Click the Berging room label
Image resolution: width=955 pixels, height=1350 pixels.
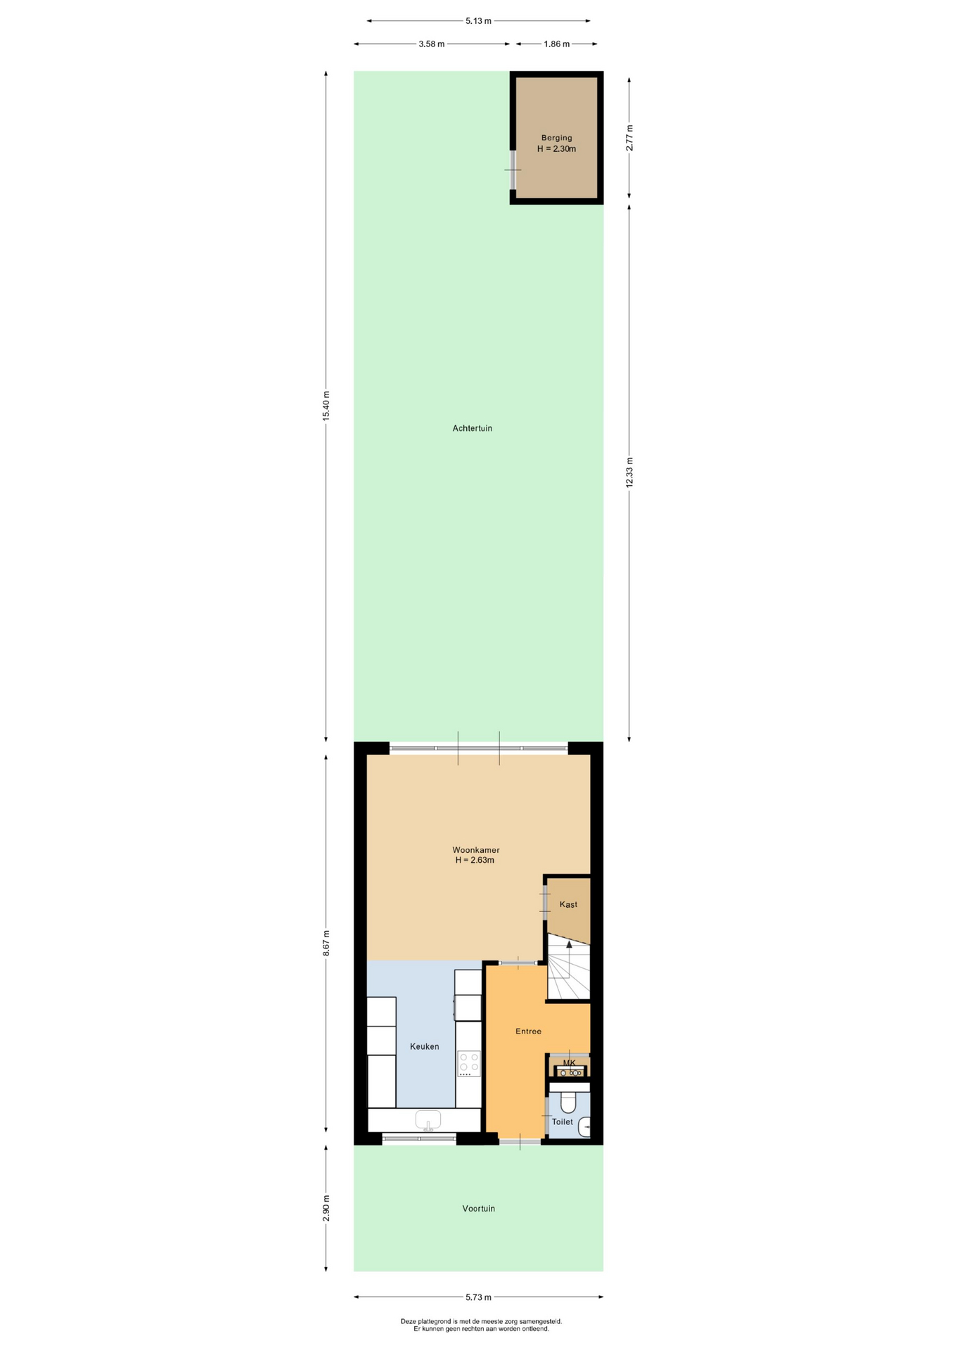coord(556,138)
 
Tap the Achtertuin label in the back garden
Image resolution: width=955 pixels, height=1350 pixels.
coord(472,428)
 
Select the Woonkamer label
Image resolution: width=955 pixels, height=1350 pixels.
coord(476,850)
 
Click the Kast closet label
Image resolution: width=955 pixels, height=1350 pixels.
coord(568,904)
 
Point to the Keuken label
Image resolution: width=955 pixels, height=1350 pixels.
coord(424,1046)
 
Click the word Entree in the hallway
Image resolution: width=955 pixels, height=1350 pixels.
coord(528,1031)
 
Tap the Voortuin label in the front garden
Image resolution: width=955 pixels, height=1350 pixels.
coord(478,1209)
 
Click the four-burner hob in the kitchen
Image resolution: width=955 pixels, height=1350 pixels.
coord(469,1064)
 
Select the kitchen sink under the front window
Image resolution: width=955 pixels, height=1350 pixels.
coord(428,1119)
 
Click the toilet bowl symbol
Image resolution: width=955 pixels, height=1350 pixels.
coord(568,1100)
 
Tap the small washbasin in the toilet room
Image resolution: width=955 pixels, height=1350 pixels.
coord(584,1127)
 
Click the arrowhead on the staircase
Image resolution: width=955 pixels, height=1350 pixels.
coord(569,944)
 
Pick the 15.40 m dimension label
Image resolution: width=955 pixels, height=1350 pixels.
coord(326,405)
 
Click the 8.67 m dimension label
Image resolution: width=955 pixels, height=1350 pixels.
coord(326,943)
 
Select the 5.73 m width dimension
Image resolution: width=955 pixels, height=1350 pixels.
coord(478,1297)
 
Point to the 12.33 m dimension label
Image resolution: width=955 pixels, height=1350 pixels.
coord(629,472)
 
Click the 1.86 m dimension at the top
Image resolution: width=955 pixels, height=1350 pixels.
coord(556,44)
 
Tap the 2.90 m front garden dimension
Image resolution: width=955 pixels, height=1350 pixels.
coord(326,1208)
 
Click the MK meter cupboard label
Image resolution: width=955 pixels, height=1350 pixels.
coord(569,1062)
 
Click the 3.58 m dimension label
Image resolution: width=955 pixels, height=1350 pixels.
coord(431,44)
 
